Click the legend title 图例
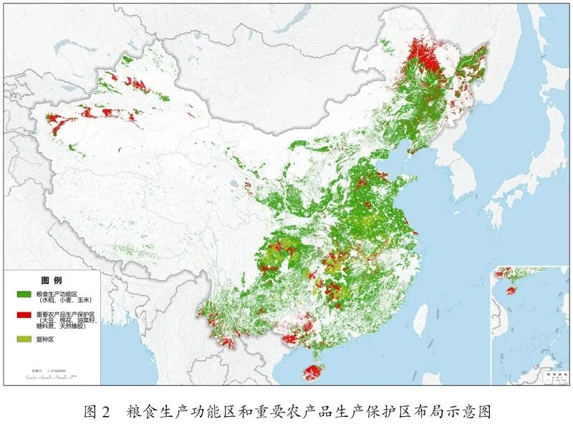click(x=52, y=279)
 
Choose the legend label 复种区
click(x=45, y=339)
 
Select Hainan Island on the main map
click(x=313, y=372)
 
